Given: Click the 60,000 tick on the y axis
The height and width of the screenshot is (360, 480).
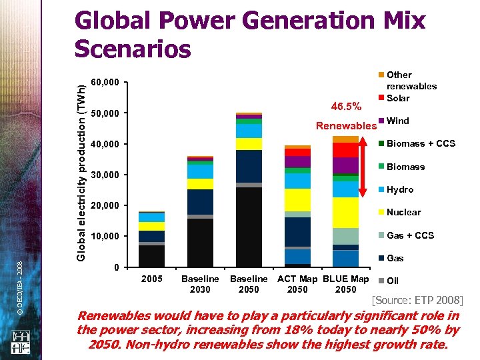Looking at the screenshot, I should coord(105,83).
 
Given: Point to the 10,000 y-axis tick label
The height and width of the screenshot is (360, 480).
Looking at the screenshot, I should coord(105,236).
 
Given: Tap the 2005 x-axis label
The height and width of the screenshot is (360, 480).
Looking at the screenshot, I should coord(152,279).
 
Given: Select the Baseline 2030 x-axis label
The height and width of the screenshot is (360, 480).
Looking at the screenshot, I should coord(200,284).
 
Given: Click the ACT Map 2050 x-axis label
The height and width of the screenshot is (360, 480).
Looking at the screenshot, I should coord(297,284).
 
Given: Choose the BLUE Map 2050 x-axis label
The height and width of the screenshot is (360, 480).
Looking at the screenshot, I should coord(345,284).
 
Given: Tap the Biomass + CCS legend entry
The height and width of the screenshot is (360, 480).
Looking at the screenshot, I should coord(420,143).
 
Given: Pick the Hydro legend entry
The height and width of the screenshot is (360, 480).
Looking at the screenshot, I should coord(400,189).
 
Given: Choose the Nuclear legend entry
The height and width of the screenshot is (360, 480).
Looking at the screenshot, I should coord(403,212).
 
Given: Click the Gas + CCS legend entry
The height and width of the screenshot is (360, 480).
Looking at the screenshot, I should coord(410,235).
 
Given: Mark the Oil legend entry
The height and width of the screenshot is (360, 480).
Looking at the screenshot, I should coord(393,281).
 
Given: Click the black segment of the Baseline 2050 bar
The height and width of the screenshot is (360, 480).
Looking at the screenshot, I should coord(249,227).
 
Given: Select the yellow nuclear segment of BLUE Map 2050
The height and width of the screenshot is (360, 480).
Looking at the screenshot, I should coord(345,213).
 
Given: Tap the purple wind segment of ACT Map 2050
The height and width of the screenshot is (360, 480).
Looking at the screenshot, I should coord(297,162).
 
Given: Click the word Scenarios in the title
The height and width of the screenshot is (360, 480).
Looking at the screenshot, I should coord(133,49).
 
